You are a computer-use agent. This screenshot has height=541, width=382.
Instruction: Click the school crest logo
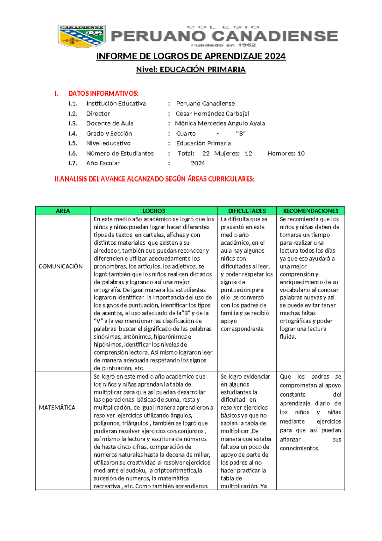click(81, 36)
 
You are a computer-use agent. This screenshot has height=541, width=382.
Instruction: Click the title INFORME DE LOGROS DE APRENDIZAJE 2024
click(191, 56)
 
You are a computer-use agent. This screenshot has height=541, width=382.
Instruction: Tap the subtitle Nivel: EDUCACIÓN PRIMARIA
click(191, 70)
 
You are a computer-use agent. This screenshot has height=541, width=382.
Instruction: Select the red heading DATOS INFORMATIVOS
click(103, 93)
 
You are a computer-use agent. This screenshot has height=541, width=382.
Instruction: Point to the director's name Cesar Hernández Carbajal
click(212, 114)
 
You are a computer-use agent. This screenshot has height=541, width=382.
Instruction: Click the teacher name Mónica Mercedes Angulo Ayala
click(220, 123)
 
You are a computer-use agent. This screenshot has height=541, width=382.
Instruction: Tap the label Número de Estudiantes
click(120, 153)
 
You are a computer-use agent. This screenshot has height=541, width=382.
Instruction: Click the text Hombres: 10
click(286, 153)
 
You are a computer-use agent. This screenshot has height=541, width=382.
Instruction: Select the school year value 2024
click(198, 163)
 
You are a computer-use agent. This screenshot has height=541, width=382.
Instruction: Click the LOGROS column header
click(154, 211)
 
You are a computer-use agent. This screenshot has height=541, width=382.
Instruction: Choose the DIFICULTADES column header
click(247, 211)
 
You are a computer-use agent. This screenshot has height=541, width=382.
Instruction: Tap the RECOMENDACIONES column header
click(311, 211)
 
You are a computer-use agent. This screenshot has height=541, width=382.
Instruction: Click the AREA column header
click(63, 211)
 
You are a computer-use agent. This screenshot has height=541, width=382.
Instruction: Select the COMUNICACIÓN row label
click(60, 266)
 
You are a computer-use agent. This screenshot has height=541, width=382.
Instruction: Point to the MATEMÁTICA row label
click(57, 408)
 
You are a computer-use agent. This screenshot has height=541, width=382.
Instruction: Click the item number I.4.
click(73, 134)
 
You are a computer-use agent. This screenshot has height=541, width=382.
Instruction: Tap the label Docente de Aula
click(110, 123)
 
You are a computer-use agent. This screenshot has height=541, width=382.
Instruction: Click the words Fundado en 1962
click(223, 45)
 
